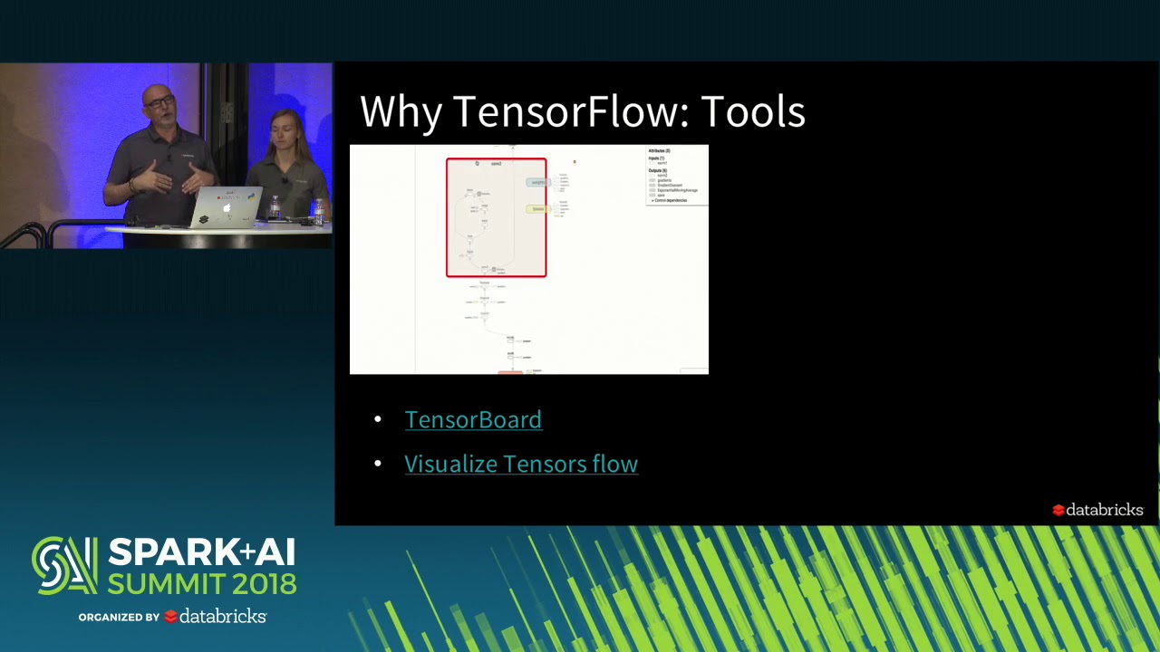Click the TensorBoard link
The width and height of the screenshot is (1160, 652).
pyautogui.click(x=473, y=419)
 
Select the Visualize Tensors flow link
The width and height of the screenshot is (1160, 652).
pyautogui.click(x=521, y=464)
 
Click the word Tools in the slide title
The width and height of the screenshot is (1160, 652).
pyautogui.click(x=753, y=111)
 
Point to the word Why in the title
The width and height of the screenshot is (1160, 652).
pyautogui.click(x=401, y=111)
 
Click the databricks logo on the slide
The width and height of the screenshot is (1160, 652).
pyautogui.click(x=1097, y=510)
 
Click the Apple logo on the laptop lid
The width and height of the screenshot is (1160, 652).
pyautogui.click(x=227, y=208)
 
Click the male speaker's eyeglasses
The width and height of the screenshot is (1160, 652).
pyautogui.click(x=159, y=102)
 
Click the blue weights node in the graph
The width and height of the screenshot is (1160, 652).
pyautogui.click(x=538, y=182)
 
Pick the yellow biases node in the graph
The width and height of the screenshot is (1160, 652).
pyautogui.click(x=538, y=209)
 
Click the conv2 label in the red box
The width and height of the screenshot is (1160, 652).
pyautogui.click(x=496, y=164)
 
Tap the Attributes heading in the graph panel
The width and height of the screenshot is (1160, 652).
pyautogui.click(x=659, y=150)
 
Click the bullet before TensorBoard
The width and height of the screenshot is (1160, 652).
pyautogui.click(x=378, y=420)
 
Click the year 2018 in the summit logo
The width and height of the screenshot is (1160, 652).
pyautogui.click(x=263, y=583)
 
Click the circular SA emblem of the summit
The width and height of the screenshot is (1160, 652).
pyautogui.click(x=63, y=566)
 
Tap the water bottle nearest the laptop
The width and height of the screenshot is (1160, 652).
pyautogui.click(x=275, y=208)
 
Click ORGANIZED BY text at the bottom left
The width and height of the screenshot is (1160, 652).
pyautogui.click(x=119, y=618)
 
